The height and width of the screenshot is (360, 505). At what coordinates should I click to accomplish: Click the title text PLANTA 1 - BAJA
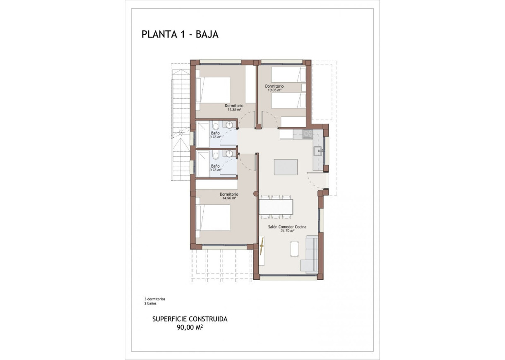(x=180, y=34)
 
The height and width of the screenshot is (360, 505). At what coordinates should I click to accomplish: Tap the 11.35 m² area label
(x=234, y=110)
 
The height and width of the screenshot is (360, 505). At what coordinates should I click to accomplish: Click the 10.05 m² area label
(x=274, y=90)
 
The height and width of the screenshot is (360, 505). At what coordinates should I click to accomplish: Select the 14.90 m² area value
(x=229, y=198)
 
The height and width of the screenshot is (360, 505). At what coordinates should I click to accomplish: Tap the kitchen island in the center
(x=286, y=167)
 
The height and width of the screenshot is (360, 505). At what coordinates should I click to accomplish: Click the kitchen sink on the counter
(x=319, y=151)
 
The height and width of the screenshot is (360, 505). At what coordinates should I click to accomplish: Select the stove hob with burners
(x=307, y=133)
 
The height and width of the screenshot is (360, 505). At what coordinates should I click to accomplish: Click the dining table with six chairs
(x=276, y=206)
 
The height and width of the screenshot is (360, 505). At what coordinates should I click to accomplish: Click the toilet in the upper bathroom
(x=216, y=126)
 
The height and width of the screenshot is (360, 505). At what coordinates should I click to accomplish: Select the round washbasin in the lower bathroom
(x=229, y=154)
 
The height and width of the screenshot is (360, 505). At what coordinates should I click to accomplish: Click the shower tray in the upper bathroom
(x=202, y=134)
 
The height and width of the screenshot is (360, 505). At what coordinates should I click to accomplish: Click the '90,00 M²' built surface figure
(x=190, y=327)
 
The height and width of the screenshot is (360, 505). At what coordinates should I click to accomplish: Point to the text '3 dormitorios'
(x=155, y=299)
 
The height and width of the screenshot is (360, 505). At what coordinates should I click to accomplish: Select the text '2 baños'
(x=150, y=303)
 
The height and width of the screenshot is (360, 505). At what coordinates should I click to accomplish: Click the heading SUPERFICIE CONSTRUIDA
(x=190, y=319)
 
